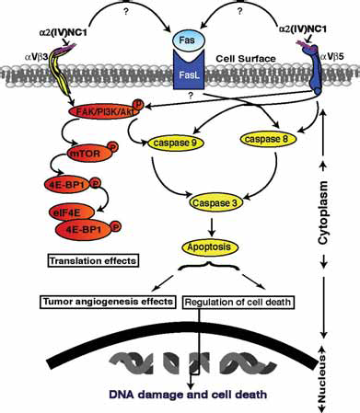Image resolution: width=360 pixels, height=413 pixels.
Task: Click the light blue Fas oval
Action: click(x=188, y=40)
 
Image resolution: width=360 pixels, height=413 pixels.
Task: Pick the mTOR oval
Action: click(x=89, y=153)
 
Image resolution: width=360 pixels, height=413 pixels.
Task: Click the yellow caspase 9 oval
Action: click(x=176, y=143)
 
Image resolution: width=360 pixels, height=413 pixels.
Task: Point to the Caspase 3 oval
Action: click(x=215, y=202)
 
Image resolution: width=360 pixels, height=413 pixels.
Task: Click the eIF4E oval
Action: click(x=72, y=212)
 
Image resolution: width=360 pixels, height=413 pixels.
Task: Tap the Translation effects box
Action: click(x=93, y=261)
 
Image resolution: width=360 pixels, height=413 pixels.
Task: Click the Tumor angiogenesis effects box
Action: click(x=108, y=302)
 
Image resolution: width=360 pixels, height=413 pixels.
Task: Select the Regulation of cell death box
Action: click(x=238, y=303)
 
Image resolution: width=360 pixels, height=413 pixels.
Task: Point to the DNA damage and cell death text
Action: click(x=188, y=394)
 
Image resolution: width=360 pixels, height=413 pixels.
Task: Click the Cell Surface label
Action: click(x=246, y=58)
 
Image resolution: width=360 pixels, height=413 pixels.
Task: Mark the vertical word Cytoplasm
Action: click(x=322, y=212)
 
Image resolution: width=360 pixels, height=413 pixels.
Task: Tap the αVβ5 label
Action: click(x=332, y=57)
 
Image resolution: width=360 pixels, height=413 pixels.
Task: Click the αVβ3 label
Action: click(x=36, y=57)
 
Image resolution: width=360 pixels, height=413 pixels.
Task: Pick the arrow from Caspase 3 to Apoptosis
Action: click(x=212, y=227)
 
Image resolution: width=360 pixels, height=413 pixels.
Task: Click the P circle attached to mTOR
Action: click(x=113, y=147)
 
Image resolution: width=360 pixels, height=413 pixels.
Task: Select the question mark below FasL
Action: click(x=191, y=96)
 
